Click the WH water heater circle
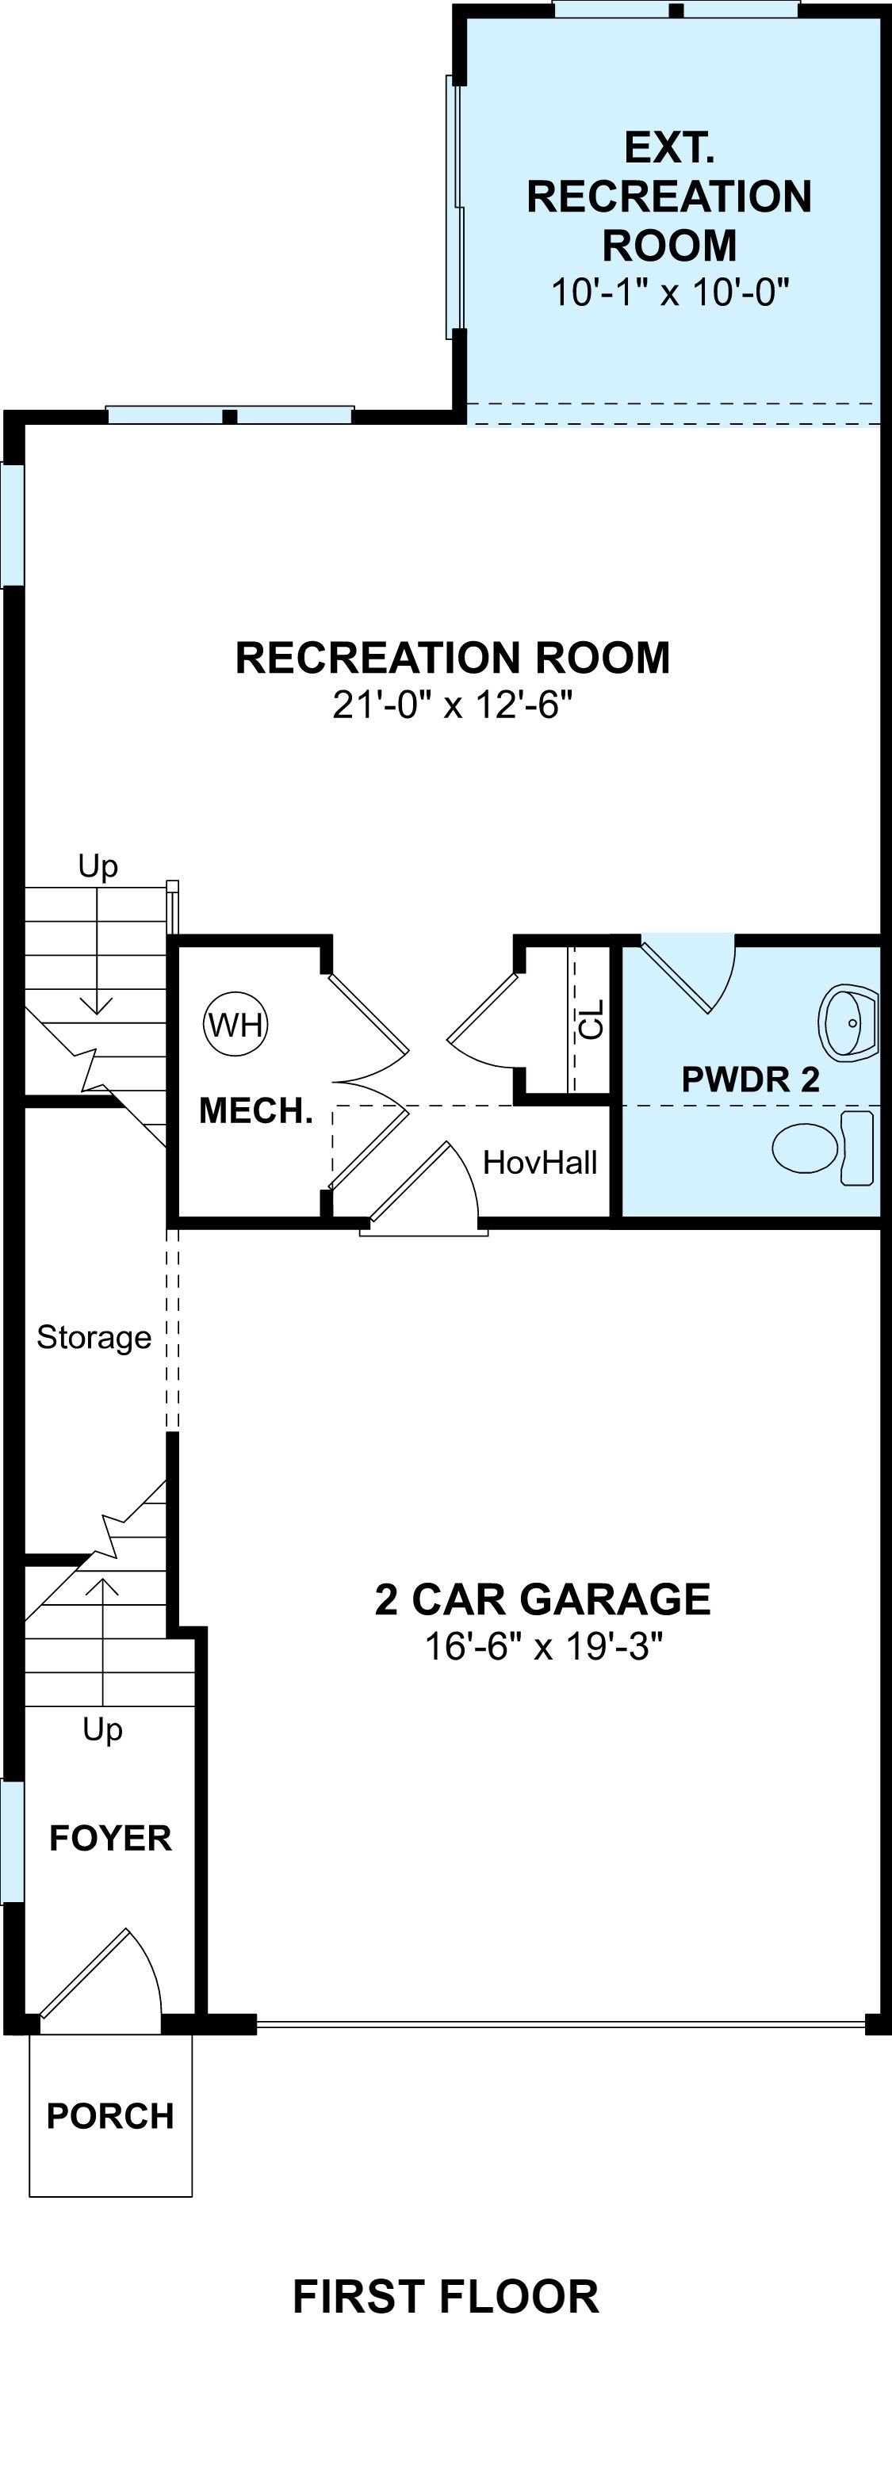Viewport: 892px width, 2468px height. click(235, 1024)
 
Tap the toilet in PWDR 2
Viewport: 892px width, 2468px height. click(823, 1147)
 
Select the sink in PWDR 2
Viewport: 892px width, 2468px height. click(849, 1022)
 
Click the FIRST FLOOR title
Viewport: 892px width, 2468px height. click(446, 2298)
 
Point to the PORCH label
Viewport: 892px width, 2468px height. click(110, 2116)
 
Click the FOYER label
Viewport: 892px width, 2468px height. click(110, 1839)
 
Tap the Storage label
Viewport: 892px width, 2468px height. click(94, 1338)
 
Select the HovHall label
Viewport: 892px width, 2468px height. click(541, 1162)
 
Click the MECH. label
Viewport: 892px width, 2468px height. click(256, 1111)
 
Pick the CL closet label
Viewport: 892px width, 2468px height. click(592, 1019)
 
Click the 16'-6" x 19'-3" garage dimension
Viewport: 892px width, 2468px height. click(543, 1647)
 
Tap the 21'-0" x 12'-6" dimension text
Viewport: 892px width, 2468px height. click(452, 705)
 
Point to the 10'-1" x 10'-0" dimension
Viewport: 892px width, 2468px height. click(670, 291)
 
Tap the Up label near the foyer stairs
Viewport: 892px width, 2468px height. click(102, 1730)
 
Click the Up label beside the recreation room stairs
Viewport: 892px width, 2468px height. click(98, 866)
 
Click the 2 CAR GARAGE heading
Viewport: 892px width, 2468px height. click(542, 1599)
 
